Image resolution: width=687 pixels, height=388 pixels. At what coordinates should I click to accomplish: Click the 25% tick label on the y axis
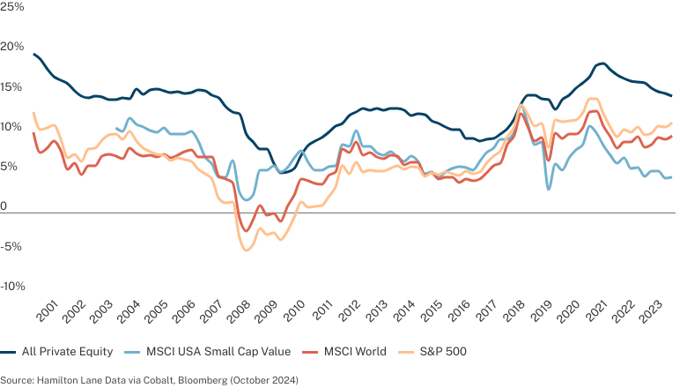pos(11,6)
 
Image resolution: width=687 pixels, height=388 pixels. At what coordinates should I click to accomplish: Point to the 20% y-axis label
pos(11,47)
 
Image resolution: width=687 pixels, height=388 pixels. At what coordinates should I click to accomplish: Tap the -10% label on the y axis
pos(12,287)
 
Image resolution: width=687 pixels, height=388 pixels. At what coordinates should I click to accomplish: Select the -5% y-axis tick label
pos(11,246)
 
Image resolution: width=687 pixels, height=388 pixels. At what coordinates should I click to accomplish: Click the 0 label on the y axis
pos(4,206)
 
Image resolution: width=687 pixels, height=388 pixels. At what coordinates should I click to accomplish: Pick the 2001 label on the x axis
pos(47,311)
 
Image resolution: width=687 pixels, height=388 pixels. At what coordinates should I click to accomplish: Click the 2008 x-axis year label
pos(240,311)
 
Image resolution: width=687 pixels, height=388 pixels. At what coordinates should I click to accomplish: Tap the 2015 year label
pos(432,311)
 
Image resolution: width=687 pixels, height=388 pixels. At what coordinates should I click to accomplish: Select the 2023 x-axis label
pos(653,311)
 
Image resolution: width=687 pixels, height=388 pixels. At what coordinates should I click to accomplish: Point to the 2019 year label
pos(543,311)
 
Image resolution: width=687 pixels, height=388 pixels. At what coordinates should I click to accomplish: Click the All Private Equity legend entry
pos(67,352)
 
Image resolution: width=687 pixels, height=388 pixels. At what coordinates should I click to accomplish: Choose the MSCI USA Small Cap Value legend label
pos(218,352)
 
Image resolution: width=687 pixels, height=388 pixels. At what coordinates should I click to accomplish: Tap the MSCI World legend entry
pos(355,352)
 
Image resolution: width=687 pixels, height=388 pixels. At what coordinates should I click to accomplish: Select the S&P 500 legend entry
pos(443,352)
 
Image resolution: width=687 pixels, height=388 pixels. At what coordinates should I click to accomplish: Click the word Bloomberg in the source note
pos(203,380)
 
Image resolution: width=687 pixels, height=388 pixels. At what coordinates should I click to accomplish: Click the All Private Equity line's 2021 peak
pos(602,64)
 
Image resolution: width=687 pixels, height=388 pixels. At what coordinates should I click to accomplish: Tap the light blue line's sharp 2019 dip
pos(549,189)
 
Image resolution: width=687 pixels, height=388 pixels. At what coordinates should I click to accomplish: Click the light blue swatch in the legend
pos(132,352)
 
